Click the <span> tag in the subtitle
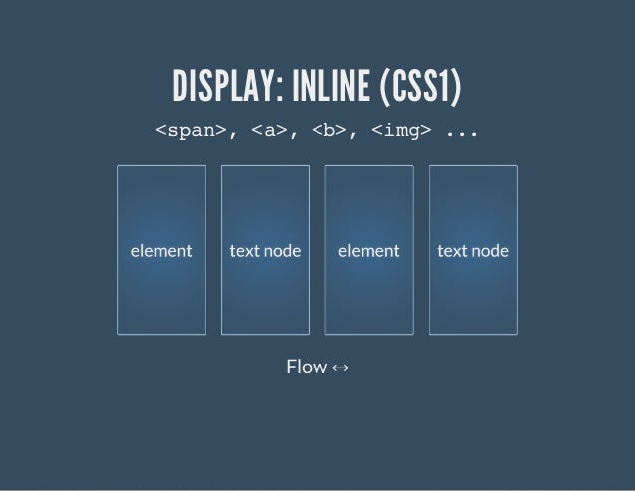click(189, 130)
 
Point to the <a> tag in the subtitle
click(269, 130)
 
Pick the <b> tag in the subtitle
click(328, 130)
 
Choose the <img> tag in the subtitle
click(401, 130)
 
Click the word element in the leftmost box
click(161, 251)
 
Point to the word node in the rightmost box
click(489, 251)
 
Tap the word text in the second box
click(244, 251)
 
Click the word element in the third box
click(369, 251)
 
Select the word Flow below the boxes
click(306, 368)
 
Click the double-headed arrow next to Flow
click(340, 368)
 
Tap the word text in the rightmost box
click(452, 251)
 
